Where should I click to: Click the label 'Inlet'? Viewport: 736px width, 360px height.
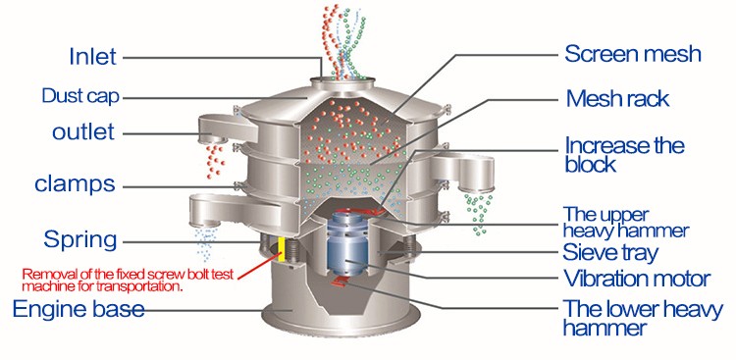[x=92, y=57]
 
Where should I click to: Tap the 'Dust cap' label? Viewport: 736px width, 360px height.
[x=80, y=96]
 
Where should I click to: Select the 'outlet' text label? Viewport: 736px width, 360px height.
[x=83, y=131]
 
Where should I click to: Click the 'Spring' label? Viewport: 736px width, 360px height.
[x=79, y=240]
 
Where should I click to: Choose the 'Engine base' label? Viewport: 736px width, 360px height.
[x=79, y=309]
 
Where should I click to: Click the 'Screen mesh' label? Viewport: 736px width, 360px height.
[x=632, y=54]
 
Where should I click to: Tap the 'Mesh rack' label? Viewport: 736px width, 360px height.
[x=617, y=98]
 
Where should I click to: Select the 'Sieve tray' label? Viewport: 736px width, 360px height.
[x=610, y=253]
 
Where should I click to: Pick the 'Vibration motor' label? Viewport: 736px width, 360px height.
[x=637, y=278]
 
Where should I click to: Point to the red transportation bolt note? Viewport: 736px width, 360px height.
[x=130, y=280]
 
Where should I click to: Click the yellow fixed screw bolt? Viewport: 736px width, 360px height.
[x=282, y=249]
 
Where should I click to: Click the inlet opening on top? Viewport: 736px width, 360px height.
[x=342, y=80]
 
